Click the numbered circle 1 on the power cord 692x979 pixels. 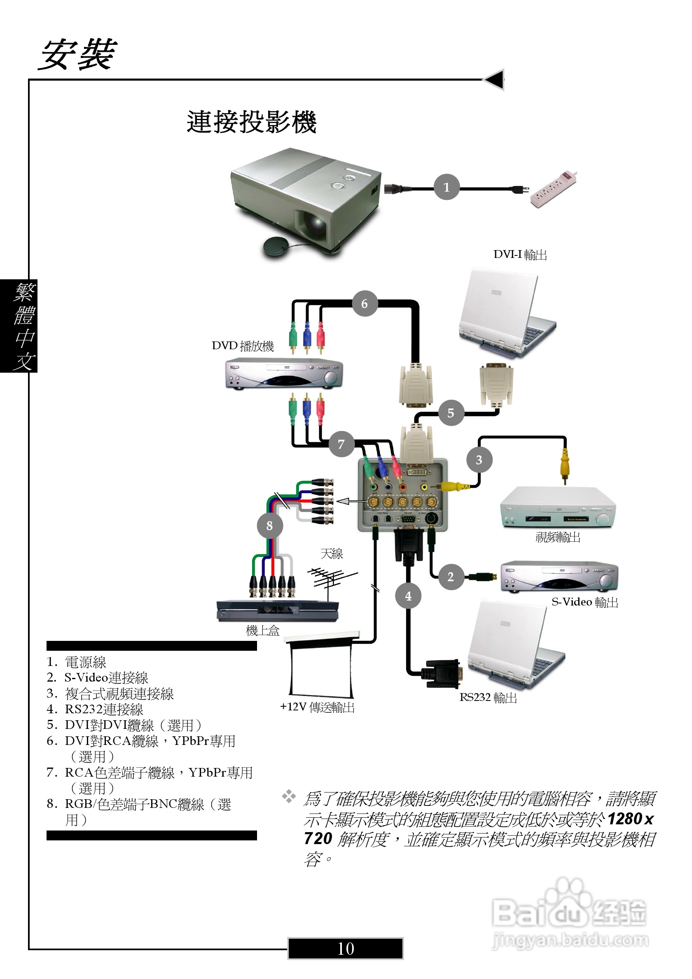pos(446,187)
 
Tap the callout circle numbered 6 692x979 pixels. pos(365,304)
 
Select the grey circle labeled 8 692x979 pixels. pos(269,526)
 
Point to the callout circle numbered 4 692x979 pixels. pos(408,596)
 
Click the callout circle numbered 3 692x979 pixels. pos(479,459)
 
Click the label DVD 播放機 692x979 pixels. pos(243,346)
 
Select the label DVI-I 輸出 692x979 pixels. pos(520,255)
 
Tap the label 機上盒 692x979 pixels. pos(262,631)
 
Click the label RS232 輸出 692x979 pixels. pos(488,698)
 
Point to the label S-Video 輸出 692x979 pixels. pos(584,602)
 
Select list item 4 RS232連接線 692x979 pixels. pos(95,709)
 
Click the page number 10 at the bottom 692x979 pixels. pos(345,948)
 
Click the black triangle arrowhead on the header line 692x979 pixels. pos(495,79)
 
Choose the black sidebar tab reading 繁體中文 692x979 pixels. pos(19,326)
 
